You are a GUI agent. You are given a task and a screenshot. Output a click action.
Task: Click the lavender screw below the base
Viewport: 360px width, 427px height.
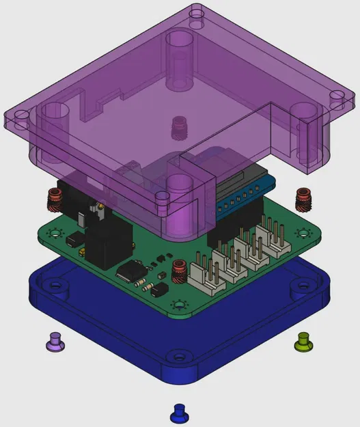(x=55, y=342)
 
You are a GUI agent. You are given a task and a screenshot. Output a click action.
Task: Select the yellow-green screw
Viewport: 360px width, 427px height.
(x=304, y=340)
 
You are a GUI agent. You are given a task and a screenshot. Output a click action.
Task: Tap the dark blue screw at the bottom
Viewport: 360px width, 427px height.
(x=178, y=413)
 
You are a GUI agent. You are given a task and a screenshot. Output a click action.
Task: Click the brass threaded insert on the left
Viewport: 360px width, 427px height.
(x=54, y=199)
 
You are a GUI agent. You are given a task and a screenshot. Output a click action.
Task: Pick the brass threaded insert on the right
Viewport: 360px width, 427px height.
(x=303, y=199)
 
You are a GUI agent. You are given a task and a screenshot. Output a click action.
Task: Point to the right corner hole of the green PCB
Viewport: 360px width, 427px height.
(x=301, y=232)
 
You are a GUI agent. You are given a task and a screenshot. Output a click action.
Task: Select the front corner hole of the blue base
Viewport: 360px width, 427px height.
(x=178, y=355)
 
